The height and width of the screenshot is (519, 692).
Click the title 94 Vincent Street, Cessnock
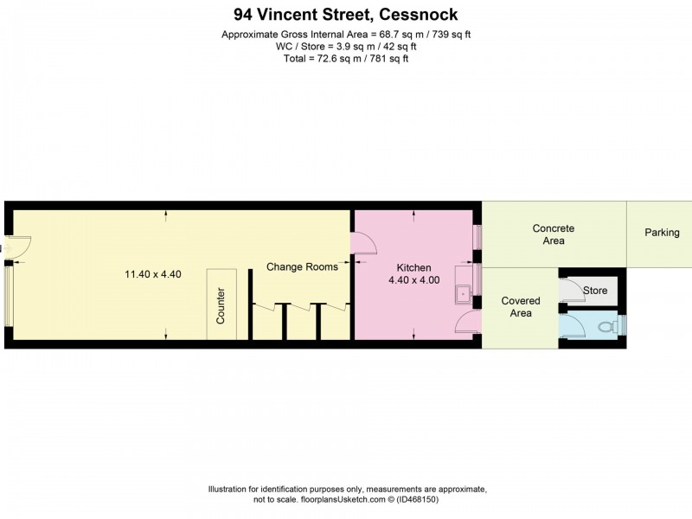point(346,14)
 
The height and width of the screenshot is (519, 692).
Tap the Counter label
point(221,305)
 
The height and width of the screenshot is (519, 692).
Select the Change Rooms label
point(302,266)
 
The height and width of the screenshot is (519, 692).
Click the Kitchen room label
point(413,267)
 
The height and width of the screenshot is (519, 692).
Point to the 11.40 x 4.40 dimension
point(153,274)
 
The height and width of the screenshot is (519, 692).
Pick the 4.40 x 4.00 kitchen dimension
point(413,280)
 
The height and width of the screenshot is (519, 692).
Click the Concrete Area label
point(554,234)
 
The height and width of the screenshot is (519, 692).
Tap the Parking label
point(662,233)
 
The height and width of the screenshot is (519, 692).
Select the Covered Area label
point(521,307)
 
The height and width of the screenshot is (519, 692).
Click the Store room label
point(595,291)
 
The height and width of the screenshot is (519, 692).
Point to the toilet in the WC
point(617,326)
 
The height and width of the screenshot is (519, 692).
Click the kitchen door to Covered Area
point(467,324)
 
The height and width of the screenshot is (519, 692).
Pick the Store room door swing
point(571,291)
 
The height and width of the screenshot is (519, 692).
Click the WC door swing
point(572,326)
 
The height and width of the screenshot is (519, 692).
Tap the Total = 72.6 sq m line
point(346,59)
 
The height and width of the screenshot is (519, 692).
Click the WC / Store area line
point(346,47)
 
